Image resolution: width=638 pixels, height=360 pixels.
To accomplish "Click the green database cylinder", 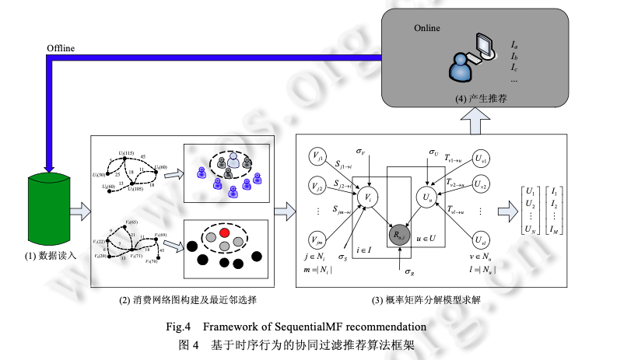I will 48,210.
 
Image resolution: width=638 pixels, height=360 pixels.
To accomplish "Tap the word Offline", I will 61,49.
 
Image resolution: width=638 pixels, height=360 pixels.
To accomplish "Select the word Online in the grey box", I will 426,29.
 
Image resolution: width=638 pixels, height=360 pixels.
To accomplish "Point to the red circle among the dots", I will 225,232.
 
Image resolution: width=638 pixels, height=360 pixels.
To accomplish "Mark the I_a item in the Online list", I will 514,46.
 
